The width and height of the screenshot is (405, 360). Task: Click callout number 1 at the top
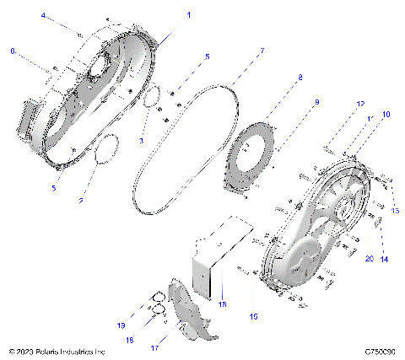[x=188, y=15]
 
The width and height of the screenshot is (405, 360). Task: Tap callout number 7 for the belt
[x=262, y=51]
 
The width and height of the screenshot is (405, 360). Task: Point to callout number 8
[x=299, y=78]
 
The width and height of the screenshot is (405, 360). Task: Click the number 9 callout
[x=316, y=102]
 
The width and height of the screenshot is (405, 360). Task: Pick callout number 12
[x=360, y=104]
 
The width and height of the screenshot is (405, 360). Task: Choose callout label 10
[x=386, y=113]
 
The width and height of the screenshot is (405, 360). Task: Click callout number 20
[x=369, y=260]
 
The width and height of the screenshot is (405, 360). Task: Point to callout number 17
[x=178, y=347]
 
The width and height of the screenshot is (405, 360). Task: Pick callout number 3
[x=142, y=139]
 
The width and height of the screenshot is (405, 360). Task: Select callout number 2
[x=81, y=201]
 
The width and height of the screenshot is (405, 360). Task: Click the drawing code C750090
[x=381, y=351]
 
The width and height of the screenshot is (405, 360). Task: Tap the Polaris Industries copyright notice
[x=57, y=351]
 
